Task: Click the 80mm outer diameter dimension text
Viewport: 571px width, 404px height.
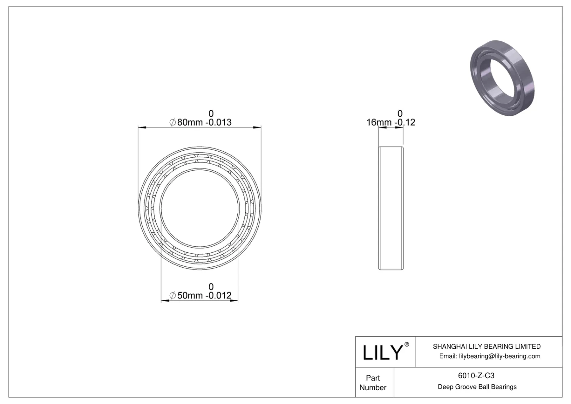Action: [x=190, y=122]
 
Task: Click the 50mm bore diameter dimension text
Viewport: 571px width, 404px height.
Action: [x=190, y=296]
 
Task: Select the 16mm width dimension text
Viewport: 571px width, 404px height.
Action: [x=379, y=122]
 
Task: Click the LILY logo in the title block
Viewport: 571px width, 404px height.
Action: [x=382, y=352]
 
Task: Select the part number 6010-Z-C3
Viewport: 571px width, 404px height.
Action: [x=476, y=376]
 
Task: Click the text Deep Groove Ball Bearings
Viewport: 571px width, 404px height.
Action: [x=477, y=387]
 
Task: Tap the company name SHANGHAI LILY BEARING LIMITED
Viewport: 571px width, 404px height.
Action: [x=486, y=347]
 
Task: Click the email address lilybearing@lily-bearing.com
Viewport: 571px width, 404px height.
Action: [x=500, y=356]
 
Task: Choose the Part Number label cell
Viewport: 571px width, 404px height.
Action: [x=373, y=383]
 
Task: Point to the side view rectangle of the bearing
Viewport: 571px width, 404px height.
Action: [x=391, y=208]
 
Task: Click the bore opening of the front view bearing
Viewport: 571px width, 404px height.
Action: [x=199, y=208]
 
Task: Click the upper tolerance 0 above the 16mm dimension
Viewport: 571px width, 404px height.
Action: [x=400, y=113]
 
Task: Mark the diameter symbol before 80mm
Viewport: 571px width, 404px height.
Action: [x=172, y=122]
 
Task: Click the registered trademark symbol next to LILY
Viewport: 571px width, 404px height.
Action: [x=406, y=344]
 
